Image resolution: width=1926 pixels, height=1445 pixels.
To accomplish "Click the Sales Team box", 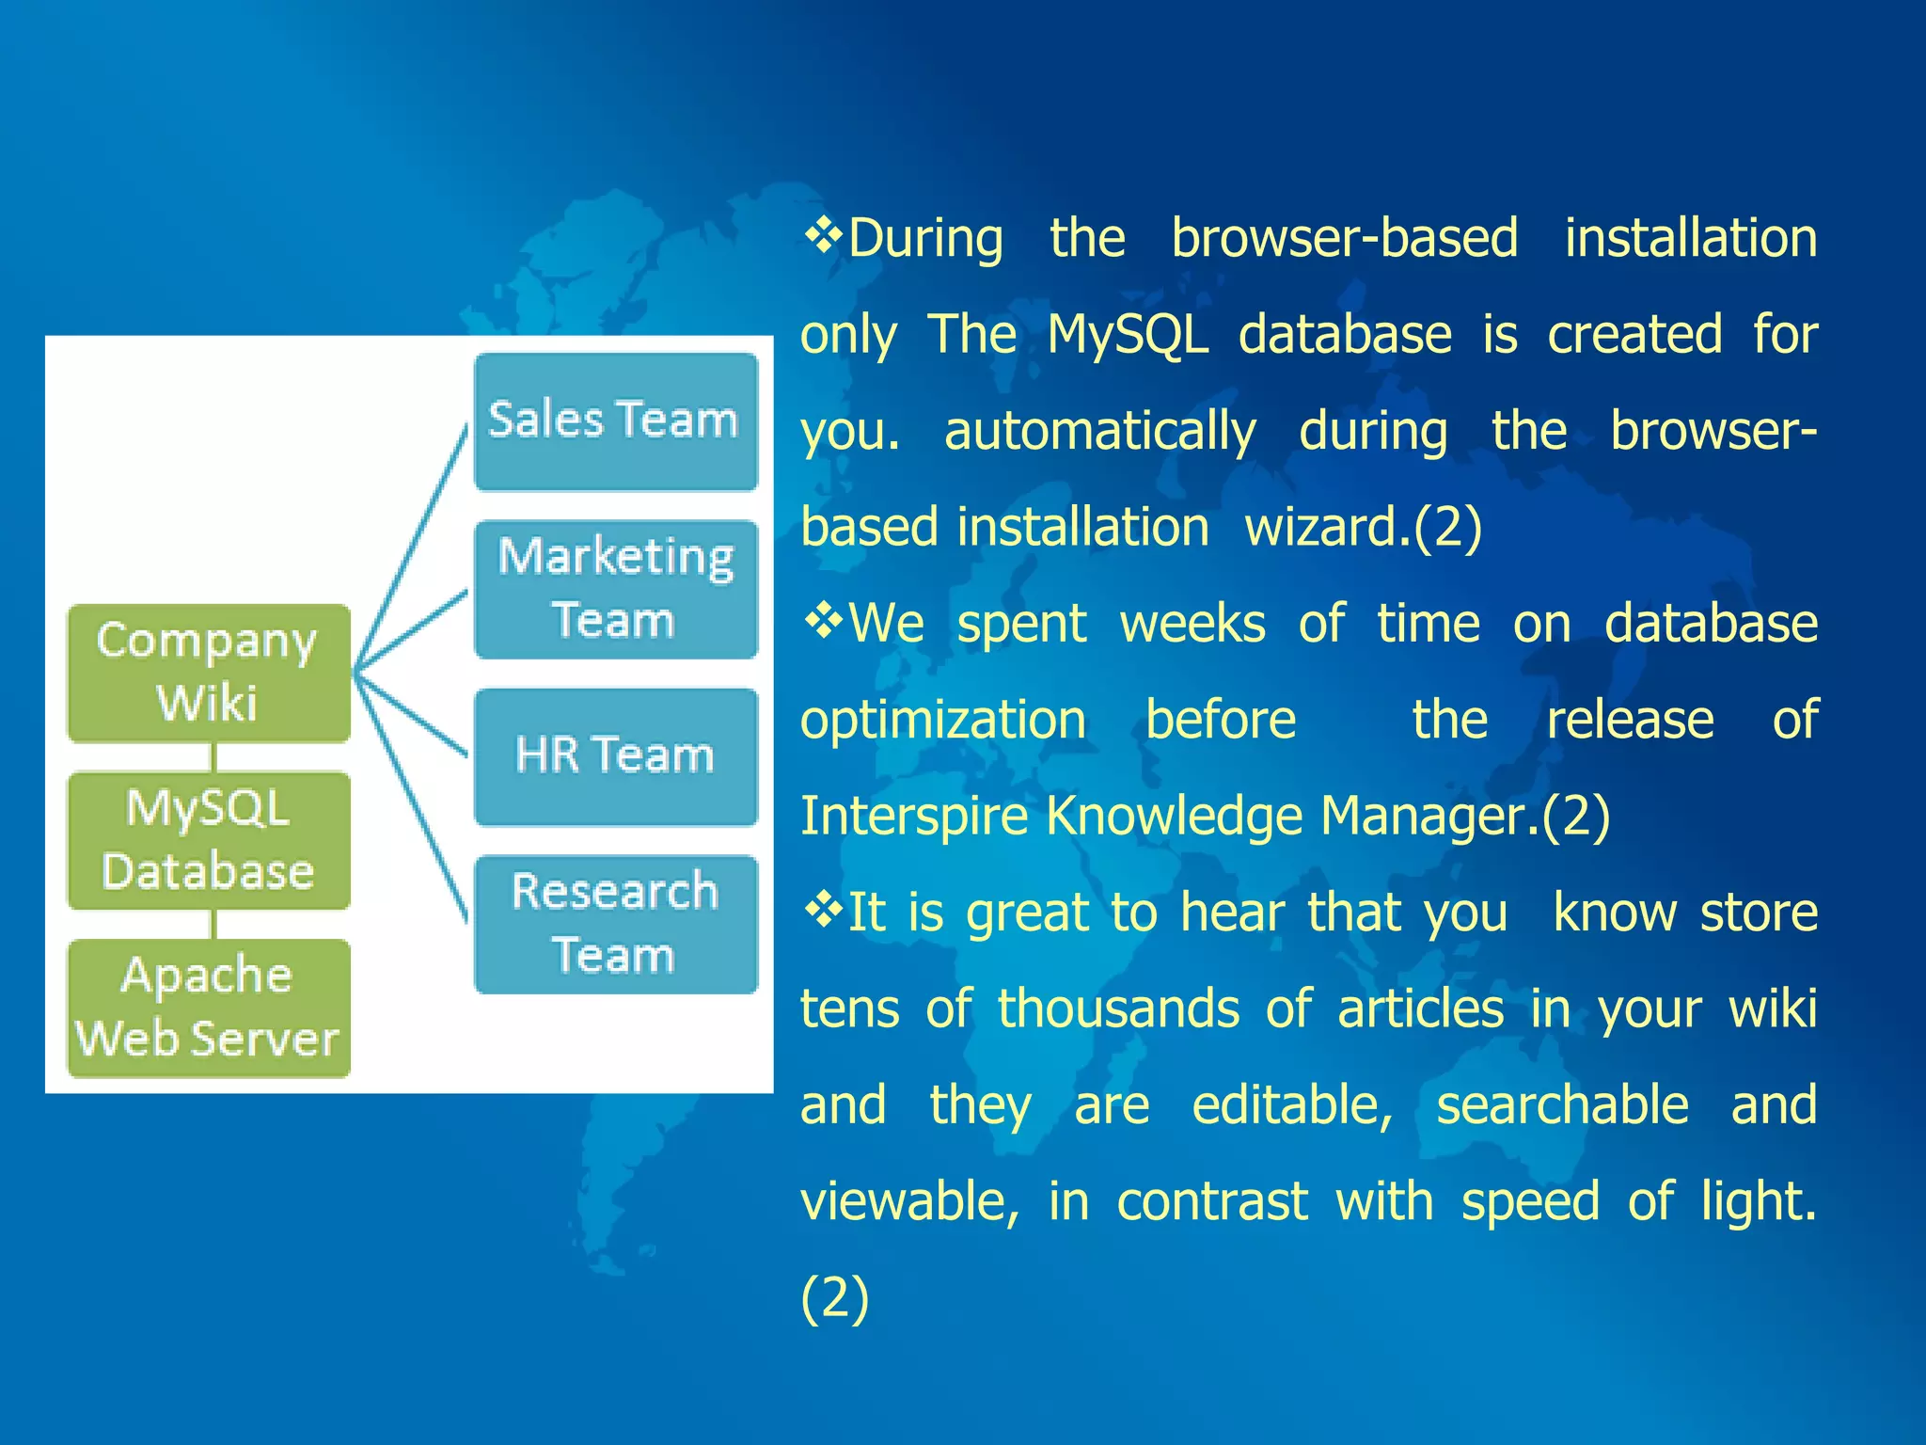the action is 616,421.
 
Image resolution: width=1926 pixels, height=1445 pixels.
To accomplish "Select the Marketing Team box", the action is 616,589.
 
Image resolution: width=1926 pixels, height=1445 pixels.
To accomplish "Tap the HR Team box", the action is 616,756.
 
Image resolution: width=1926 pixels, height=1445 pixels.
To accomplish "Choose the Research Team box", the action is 616,924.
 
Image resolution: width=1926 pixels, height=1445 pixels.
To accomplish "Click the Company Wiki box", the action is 208,673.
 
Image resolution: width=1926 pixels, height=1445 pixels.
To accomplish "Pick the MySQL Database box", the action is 208,840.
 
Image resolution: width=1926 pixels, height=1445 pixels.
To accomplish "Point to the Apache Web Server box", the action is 208,1008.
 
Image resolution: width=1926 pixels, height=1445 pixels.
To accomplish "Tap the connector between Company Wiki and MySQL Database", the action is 214,757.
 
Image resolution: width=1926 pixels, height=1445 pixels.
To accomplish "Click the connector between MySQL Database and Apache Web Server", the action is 214,925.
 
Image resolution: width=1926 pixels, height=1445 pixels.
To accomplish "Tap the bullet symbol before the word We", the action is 823,621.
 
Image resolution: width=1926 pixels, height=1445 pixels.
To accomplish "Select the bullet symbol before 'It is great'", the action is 823,910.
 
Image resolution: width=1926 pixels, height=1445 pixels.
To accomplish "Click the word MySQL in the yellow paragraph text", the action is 1128,335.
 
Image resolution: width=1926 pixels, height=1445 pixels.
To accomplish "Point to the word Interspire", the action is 913,815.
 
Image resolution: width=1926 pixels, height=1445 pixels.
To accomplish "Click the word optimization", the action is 943,721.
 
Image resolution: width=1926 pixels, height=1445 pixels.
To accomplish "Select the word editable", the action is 1292,1104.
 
